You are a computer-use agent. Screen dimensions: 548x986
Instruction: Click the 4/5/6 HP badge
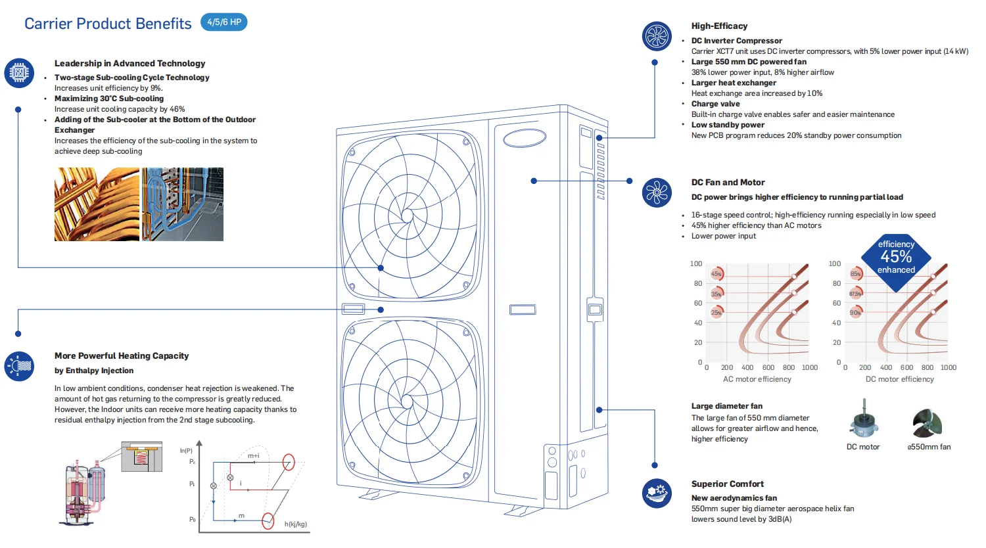pyautogui.click(x=223, y=22)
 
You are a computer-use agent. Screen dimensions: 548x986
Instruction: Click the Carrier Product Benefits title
pyautogui.click(x=108, y=24)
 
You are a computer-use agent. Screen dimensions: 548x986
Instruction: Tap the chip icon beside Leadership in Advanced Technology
pyautogui.click(x=19, y=72)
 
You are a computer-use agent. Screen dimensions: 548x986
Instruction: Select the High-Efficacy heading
pyautogui.click(x=719, y=26)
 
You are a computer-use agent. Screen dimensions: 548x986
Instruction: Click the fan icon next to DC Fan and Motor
pyautogui.click(x=657, y=193)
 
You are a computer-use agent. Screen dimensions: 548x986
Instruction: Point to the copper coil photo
pyautogui.click(x=97, y=204)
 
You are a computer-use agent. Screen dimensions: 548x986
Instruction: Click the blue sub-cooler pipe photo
pyautogui.click(x=183, y=204)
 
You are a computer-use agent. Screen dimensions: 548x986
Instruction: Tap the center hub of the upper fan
pyautogui.click(x=407, y=216)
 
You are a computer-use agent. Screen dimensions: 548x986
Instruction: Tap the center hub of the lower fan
pyautogui.click(x=407, y=401)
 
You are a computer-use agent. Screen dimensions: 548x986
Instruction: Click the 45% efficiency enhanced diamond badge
pyautogui.click(x=896, y=261)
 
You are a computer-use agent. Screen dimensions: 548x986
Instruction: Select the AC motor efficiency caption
pyautogui.click(x=757, y=379)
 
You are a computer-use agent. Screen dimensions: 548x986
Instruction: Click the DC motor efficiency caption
pyautogui.click(x=899, y=379)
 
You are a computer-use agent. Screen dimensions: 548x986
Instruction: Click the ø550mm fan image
pyautogui.click(x=927, y=422)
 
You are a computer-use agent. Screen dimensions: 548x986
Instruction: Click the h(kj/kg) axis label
pyautogui.click(x=295, y=524)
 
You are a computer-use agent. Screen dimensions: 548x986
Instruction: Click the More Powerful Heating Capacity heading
pyautogui.click(x=122, y=356)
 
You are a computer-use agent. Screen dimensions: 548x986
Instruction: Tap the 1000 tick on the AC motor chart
pyautogui.click(x=809, y=368)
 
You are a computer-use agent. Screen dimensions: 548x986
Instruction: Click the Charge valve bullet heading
pyautogui.click(x=715, y=104)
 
